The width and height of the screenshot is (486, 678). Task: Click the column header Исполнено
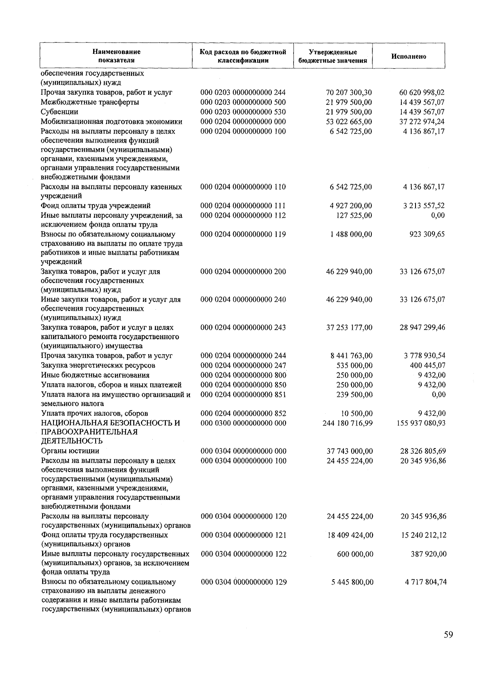pyautogui.click(x=409, y=57)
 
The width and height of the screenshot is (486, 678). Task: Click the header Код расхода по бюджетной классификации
pyautogui.click(x=243, y=56)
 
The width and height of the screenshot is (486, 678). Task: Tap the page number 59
pyautogui.click(x=448, y=635)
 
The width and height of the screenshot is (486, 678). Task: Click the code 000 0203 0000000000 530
pyautogui.click(x=243, y=112)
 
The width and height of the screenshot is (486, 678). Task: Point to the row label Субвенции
pyautogui.click(x=60, y=112)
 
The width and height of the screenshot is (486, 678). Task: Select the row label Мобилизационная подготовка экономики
pyautogui.click(x=111, y=121)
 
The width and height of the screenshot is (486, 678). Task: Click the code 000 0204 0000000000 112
pyautogui.click(x=243, y=215)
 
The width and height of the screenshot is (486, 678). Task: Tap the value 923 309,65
pyautogui.click(x=427, y=234)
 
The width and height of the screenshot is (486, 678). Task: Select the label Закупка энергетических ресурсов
pyautogui.click(x=98, y=365)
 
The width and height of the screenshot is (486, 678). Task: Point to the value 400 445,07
pyautogui.click(x=427, y=365)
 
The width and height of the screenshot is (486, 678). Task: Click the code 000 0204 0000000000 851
pyautogui.click(x=243, y=394)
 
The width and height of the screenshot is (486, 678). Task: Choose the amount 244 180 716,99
pyautogui.click(x=347, y=423)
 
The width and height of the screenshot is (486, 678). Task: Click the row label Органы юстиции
pyautogui.click(x=70, y=451)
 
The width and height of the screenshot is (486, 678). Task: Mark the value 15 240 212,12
pyautogui.click(x=423, y=535)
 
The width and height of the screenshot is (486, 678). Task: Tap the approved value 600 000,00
pyautogui.click(x=355, y=554)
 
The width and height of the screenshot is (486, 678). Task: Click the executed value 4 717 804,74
pyautogui.click(x=425, y=582)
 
